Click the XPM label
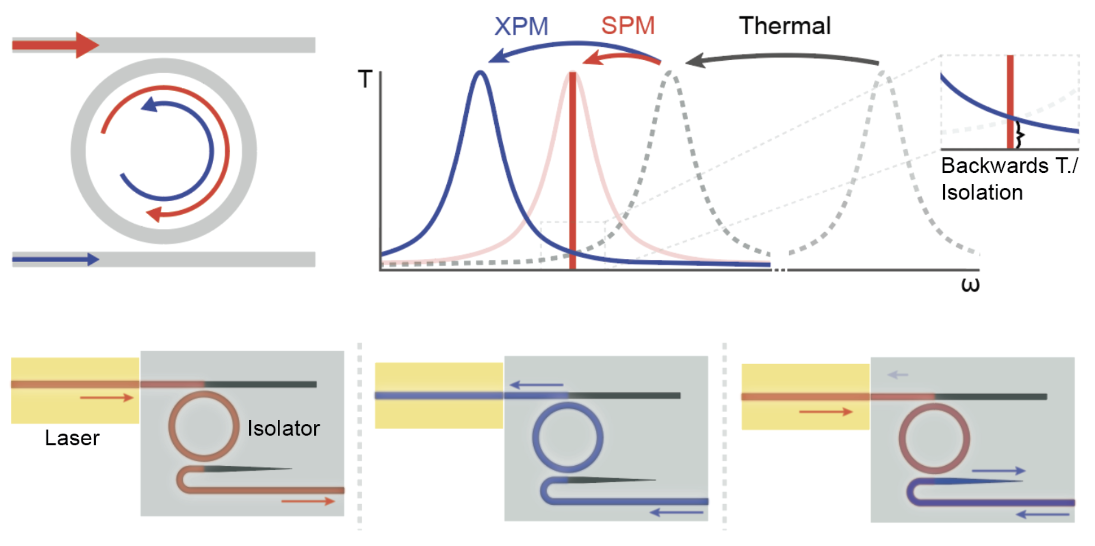coord(521,26)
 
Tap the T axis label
coord(365,79)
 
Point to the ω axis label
coord(970,285)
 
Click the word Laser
coord(72,438)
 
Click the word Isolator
coord(283,428)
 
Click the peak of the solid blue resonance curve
coord(481,73)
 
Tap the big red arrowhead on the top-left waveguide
coord(86,45)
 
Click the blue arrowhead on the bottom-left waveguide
coord(93,259)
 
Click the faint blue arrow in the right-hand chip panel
coord(897,375)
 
